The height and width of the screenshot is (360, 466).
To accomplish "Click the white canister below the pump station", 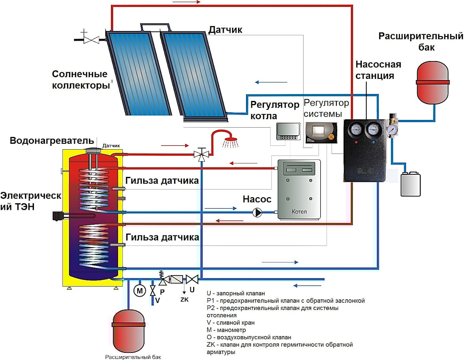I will click(411, 183).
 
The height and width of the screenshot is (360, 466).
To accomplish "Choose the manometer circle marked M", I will click(139, 290).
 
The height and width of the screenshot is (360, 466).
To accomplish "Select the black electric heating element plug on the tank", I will click(57, 216).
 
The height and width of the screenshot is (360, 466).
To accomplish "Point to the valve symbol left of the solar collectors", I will click(91, 39).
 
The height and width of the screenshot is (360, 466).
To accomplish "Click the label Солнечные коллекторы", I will click(80, 80).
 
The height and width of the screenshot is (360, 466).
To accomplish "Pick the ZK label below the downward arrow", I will click(184, 299).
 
